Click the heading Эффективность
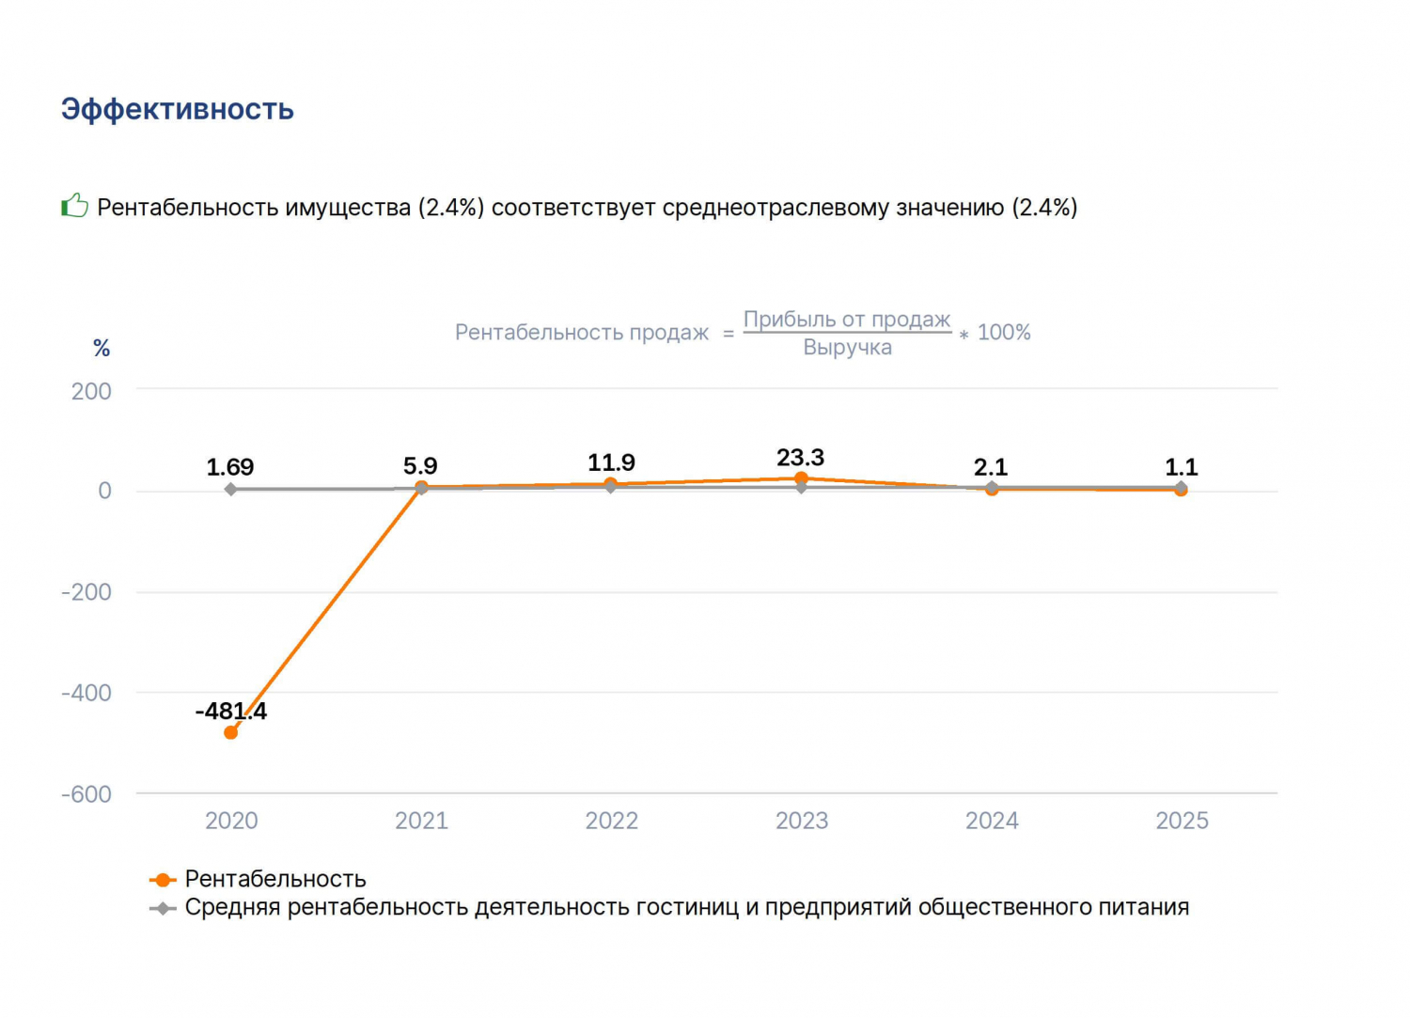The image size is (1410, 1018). [x=177, y=110]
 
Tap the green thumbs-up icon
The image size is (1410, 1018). [x=74, y=205]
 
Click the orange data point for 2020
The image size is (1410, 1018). [x=230, y=732]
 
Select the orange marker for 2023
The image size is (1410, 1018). [x=801, y=478]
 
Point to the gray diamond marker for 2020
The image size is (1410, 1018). [x=230, y=489]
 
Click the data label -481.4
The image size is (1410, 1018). [x=231, y=711]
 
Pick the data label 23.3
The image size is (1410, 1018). [x=800, y=458]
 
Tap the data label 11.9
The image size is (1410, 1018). [x=611, y=462]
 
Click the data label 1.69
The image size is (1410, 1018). [x=229, y=467]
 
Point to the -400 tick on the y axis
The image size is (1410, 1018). [x=86, y=693]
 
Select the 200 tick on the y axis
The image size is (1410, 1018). [x=91, y=392]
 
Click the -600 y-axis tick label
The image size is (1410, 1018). [x=86, y=794]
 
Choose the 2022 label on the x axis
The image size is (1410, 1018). [x=611, y=821]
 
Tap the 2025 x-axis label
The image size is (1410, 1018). [x=1182, y=821]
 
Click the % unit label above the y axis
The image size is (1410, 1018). [x=102, y=348]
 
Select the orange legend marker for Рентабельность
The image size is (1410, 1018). [x=163, y=880]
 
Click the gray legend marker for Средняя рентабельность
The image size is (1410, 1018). [x=163, y=908]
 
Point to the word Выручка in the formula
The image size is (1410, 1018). [x=847, y=348]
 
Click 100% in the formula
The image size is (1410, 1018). [x=1004, y=333]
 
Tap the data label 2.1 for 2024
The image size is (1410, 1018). [x=991, y=467]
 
